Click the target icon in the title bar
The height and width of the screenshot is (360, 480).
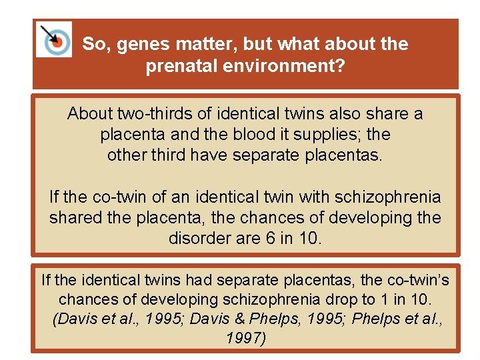pos(54,39)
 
